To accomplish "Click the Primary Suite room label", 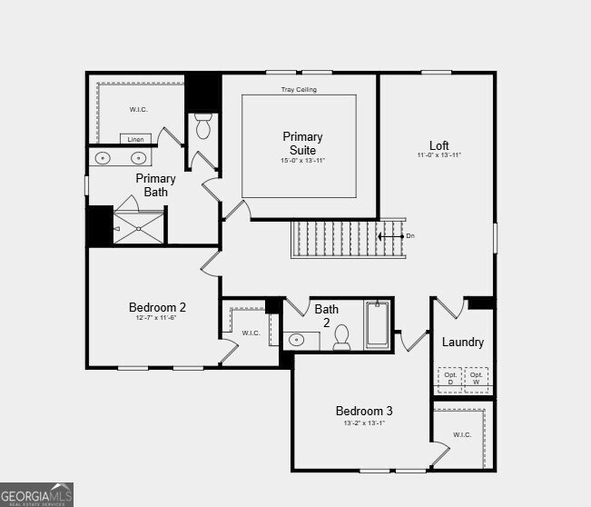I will [x=302, y=143].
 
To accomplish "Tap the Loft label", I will [x=439, y=144].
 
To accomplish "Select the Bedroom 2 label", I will [x=157, y=307].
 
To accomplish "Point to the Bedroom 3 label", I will [x=364, y=411].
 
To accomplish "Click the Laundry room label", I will [x=463, y=343].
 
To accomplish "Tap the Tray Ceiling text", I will [x=299, y=90].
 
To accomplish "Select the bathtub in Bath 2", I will [x=378, y=325].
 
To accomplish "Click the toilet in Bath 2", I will [x=342, y=339].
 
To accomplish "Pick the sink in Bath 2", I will [x=298, y=341].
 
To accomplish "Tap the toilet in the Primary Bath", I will [x=202, y=127].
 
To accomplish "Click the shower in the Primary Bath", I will [x=140, y=226].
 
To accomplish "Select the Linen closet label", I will [x=135, y=139].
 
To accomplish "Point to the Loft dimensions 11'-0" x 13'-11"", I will [x=439, y=155].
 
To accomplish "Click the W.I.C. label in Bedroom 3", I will [x=463, y=434].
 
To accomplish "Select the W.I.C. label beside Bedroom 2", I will [x=251, y=333].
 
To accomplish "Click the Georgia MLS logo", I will [x=37, y=495].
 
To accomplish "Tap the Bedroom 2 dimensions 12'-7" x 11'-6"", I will [x=157, y=317].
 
